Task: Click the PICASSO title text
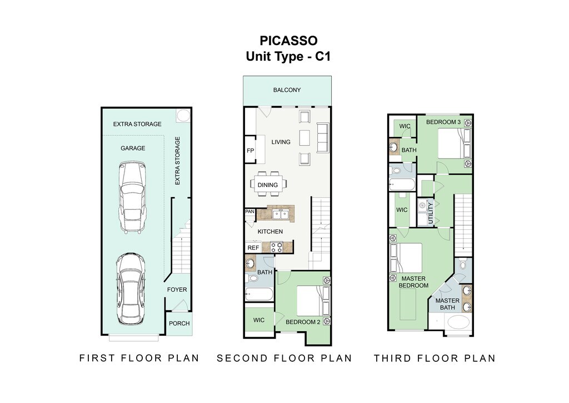tap(288, 40)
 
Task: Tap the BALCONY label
tap(287, 90)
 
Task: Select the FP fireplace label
tap(251, 150)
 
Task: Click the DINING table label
tap(268, 185)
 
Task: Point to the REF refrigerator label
tap(253, 248)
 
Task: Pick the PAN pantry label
tap(249, 212)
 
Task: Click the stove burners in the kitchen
tap(277, 247)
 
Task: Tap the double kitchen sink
tap(281, 215)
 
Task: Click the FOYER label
tap(177, 289)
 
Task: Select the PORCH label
tap(179, 323)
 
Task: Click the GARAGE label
tap(133, 148)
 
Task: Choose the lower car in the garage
tap(130, 288)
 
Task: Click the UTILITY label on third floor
tap(431, 213)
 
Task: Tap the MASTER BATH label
tap(447, 304)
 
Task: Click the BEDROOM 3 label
tap(443, 122)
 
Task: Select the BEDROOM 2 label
tap(303, 322)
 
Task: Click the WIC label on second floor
tap(259, 320)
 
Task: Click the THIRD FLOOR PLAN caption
tap(435, 358)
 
